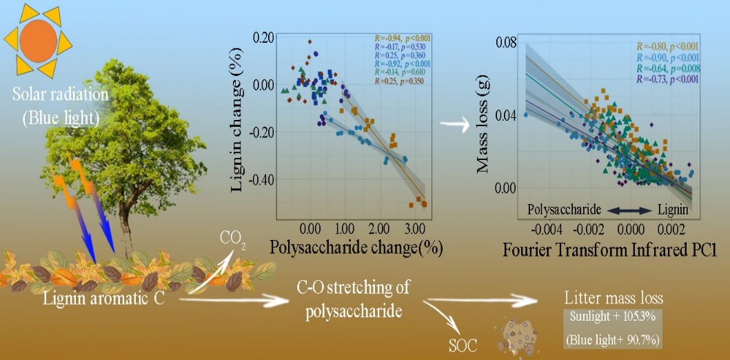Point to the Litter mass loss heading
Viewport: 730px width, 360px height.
click(613, 299)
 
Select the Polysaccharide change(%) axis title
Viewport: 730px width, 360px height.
click(355, 246)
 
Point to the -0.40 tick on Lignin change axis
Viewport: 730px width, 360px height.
click(264, 179)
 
